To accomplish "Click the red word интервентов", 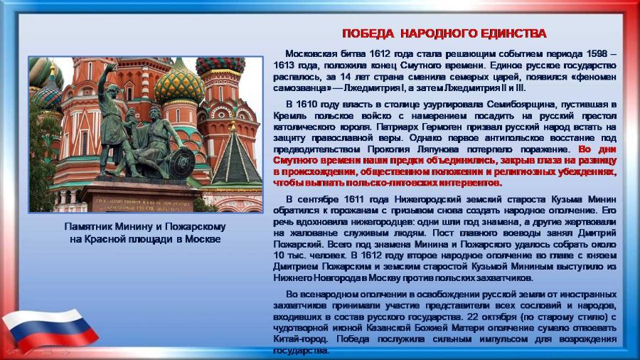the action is (474, 183).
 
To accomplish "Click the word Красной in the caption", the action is (101, 240).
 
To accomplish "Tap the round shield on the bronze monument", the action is (181, 162).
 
